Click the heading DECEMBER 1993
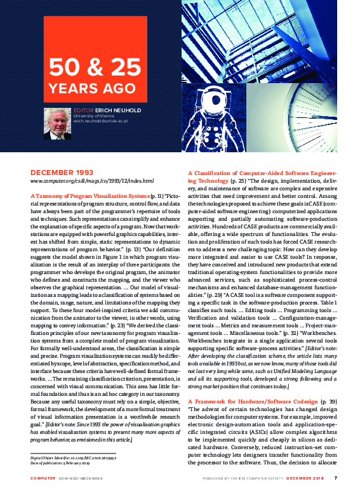[x=62, y=172]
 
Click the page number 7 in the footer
[x=335, y=478]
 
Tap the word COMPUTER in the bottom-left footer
[x=42, y=478]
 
